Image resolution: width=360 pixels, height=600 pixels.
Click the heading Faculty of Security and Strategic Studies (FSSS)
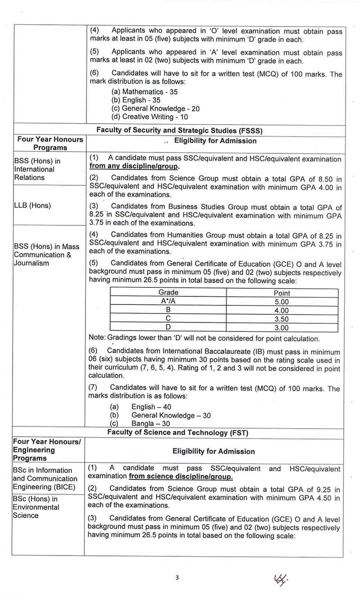(180, 130)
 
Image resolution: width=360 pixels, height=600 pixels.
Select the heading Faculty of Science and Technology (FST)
(178, 433)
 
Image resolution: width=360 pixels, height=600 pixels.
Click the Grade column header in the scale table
(168, 292)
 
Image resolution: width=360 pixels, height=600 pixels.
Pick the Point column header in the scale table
(282, 293)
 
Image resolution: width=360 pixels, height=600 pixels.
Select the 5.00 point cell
(282, 302)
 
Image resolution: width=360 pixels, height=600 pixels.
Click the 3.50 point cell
(282, 319)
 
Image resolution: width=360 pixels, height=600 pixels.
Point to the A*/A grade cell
(168, 301)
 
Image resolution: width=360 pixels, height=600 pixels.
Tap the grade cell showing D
(168, 327)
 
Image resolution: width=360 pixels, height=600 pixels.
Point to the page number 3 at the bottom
(177, 578)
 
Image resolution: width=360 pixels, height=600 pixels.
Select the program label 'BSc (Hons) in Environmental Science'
(36, 507)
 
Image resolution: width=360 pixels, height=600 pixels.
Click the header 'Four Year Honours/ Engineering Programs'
(47, 450)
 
